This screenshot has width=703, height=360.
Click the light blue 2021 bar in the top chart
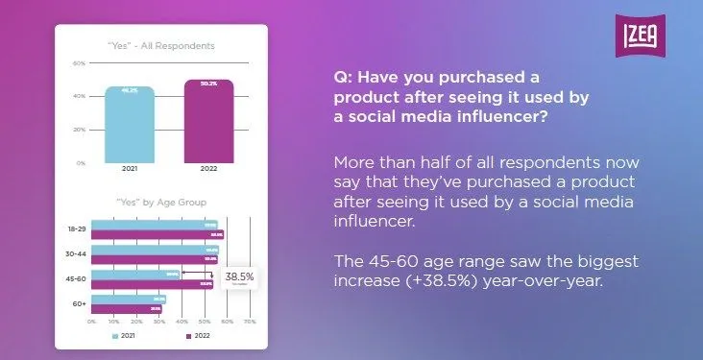click(129, 125)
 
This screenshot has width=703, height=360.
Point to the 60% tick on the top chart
click(80, 63)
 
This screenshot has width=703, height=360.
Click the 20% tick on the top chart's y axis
click(80, 130)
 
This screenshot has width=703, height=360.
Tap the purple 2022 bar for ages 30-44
click(154, 259)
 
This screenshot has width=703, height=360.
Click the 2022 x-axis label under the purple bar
click(208, 169)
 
